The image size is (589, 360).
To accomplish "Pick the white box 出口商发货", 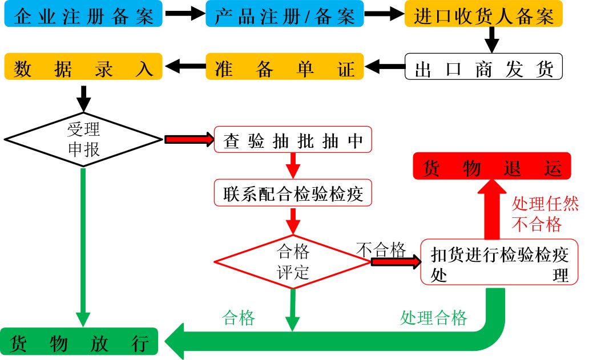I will click(483, 67).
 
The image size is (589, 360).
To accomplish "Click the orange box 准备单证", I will click(284, 67).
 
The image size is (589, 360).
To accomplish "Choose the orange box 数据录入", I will click(83, 67).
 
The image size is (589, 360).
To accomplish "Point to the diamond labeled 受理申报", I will click(83, 139).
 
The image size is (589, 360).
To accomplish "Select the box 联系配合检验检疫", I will click(293, 193).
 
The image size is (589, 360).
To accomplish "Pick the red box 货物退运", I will click(492, 166).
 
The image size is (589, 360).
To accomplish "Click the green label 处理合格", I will click(434, 318).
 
